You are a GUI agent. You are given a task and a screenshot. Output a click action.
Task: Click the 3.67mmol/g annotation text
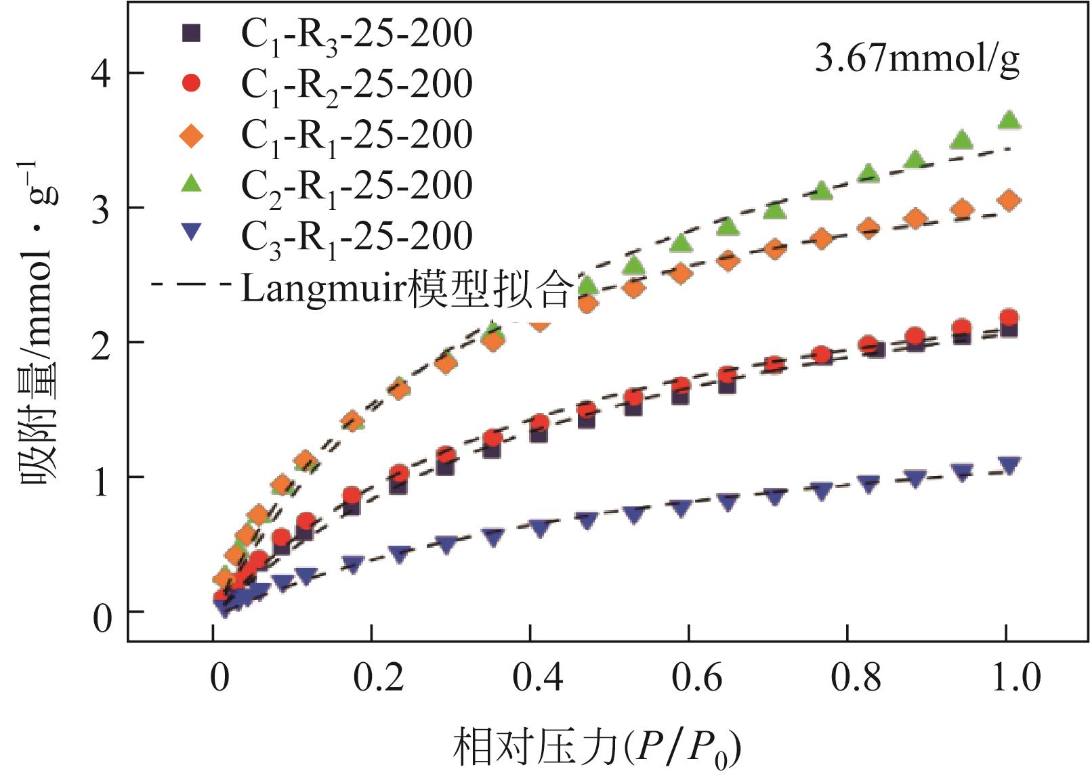click(917, 60)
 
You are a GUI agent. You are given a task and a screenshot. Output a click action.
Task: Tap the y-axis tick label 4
click(101, 73)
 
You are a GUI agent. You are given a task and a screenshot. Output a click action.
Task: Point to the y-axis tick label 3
click(101, 208)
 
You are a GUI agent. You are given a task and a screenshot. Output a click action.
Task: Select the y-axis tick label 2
click(101, 343)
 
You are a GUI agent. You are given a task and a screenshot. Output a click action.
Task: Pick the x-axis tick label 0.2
click(378, 678)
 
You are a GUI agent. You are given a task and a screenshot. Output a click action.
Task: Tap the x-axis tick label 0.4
click(537, 678)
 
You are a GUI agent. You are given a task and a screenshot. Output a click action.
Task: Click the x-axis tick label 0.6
click(696, 678)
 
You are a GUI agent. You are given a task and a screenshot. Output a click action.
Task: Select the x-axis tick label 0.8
click(855, 678)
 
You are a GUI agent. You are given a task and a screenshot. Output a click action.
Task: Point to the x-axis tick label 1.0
click(1015, 678)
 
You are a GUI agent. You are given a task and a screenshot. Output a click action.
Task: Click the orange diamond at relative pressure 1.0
click(1009, 201)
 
